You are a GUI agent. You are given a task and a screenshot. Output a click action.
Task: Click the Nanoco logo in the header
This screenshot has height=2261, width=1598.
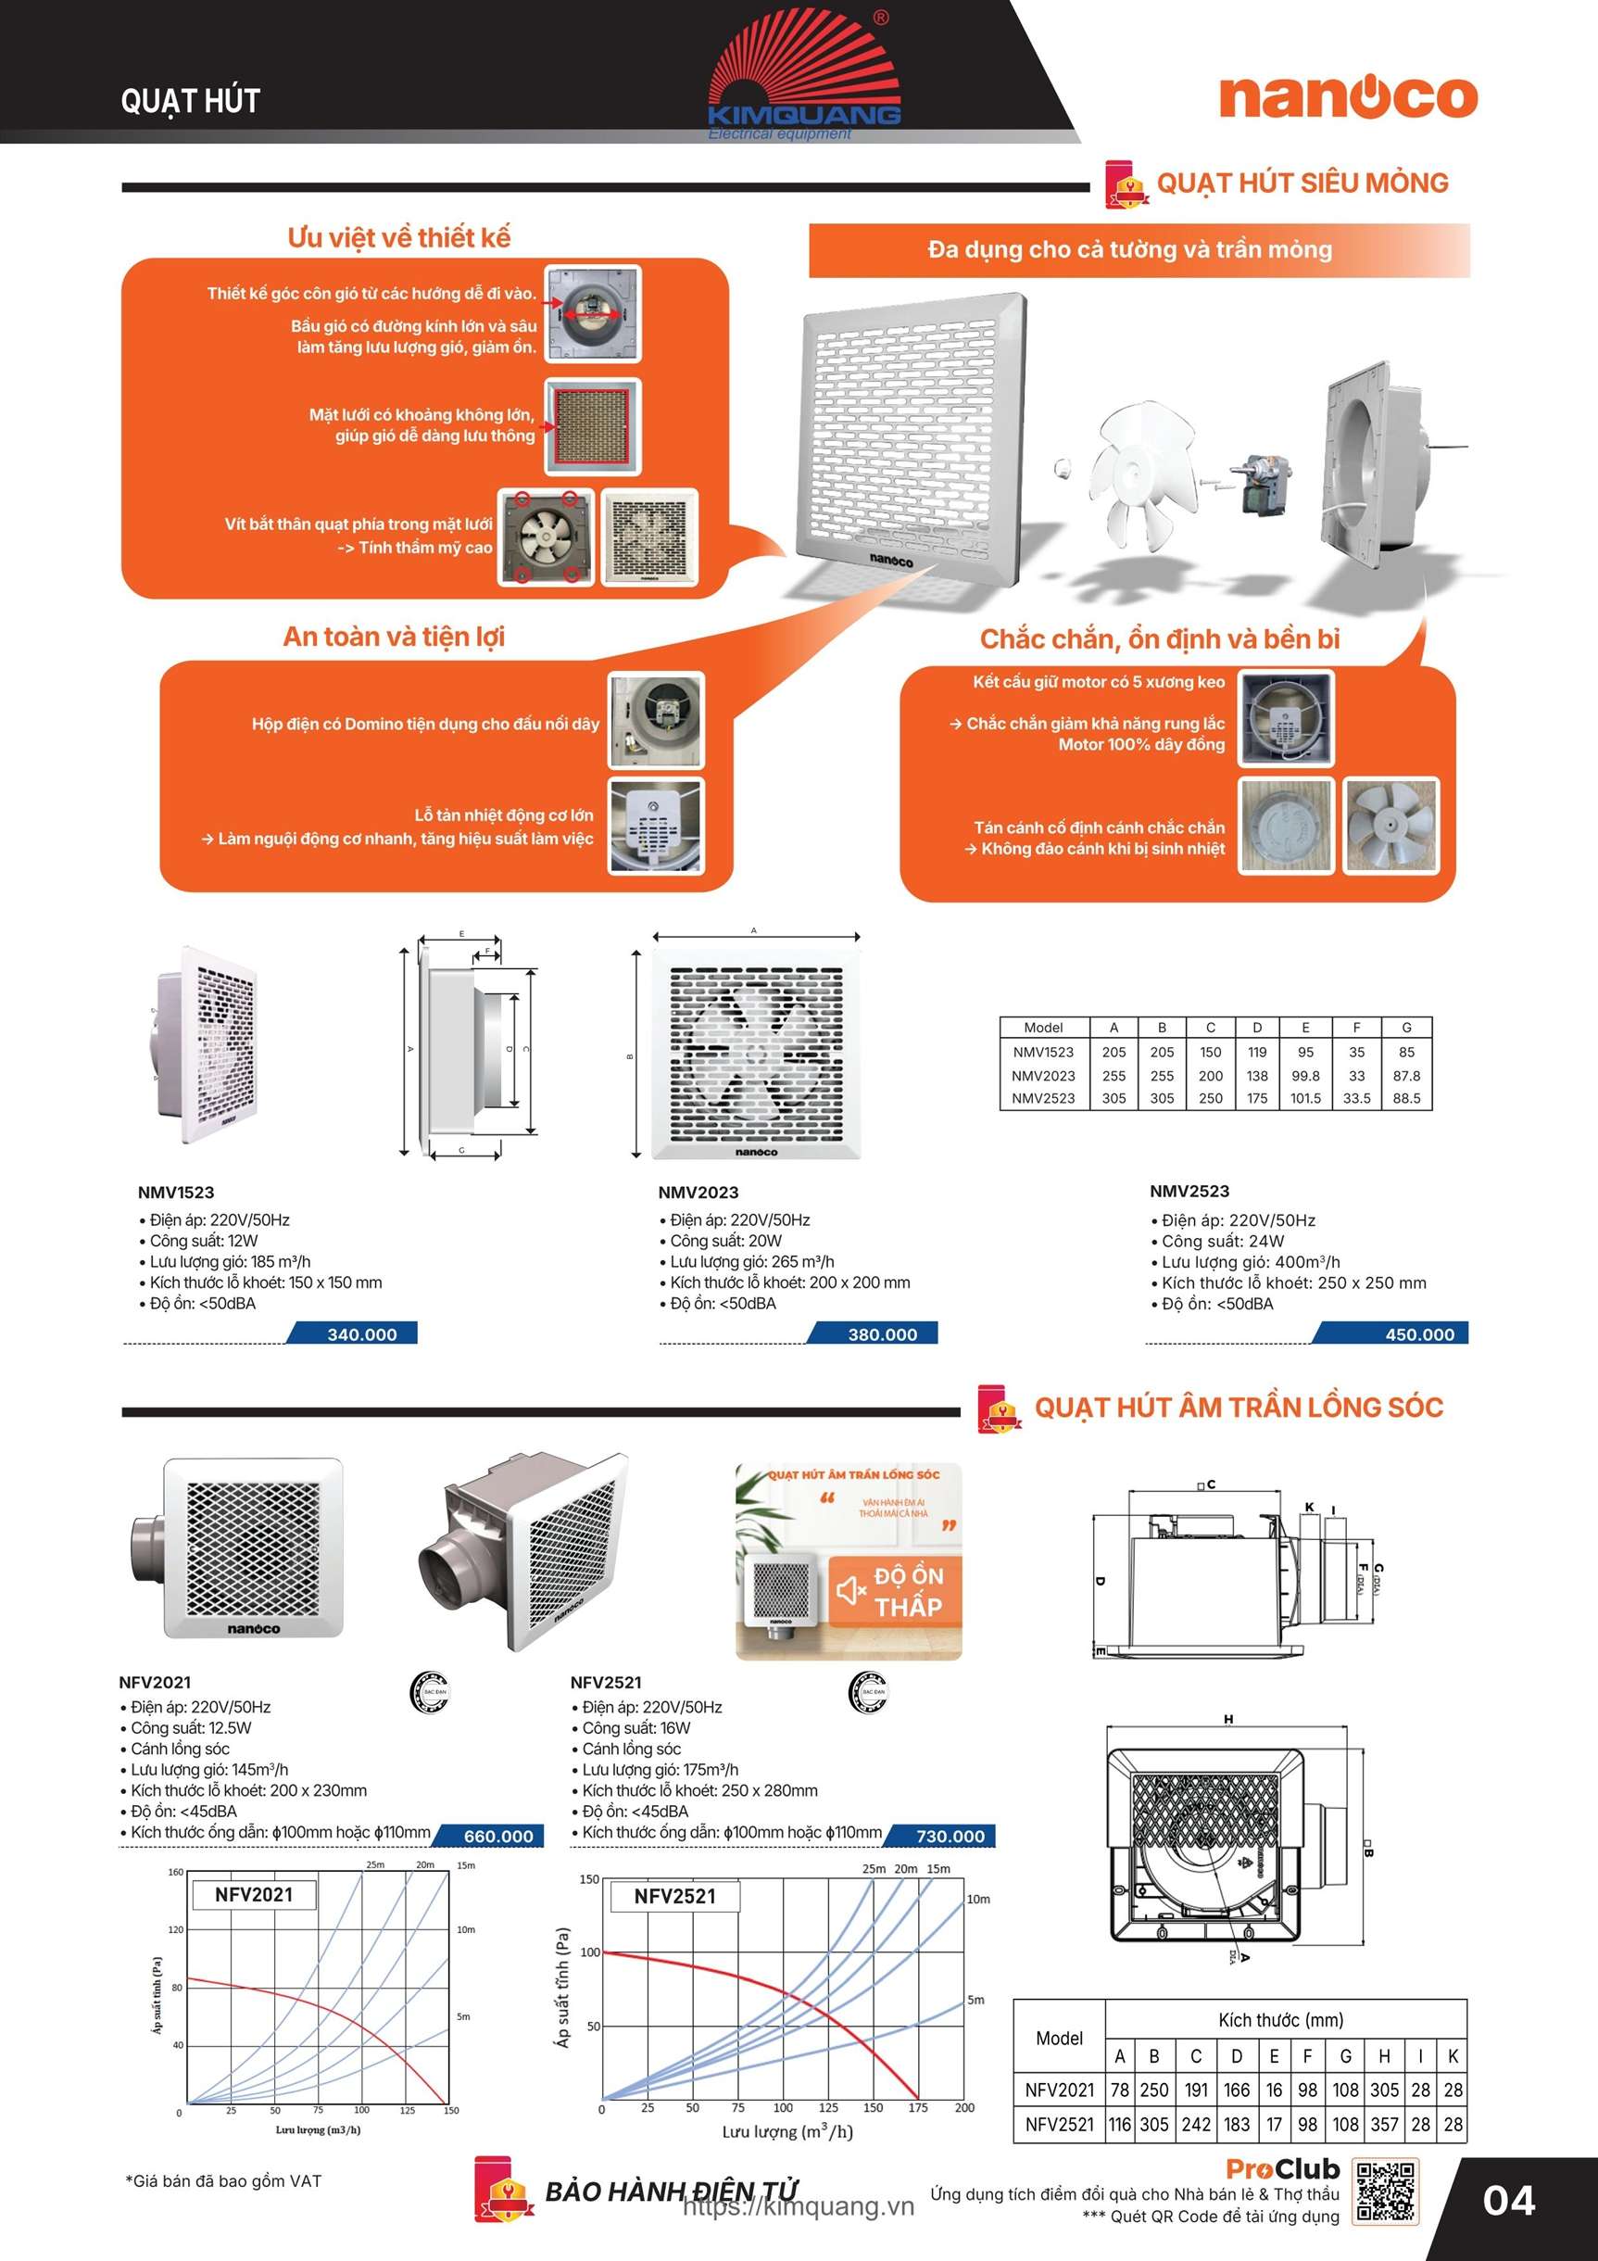coord(1348,96)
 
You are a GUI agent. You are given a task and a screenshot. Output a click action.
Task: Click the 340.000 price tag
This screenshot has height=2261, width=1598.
coord(361,1334)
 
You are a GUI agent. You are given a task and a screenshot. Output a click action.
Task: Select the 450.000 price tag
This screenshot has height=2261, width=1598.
coord(1419,1334)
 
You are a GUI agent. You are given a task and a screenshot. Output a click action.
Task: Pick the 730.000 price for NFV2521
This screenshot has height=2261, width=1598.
coord(950,1836)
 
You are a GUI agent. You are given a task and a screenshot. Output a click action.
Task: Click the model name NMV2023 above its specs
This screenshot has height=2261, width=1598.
coord(698,1192)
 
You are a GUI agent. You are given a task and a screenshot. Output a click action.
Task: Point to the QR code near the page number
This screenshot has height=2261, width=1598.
coord(1385,2192)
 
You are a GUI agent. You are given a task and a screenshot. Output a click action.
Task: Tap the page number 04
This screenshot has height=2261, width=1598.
coord(1508,2201)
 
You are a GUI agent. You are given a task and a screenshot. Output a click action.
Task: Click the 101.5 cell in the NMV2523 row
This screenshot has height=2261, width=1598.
coord(1305,1098)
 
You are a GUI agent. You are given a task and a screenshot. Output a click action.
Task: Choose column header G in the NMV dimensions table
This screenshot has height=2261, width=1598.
coord(1406,1027)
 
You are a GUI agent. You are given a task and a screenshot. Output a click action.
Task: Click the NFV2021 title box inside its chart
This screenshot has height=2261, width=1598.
coord(254,1894)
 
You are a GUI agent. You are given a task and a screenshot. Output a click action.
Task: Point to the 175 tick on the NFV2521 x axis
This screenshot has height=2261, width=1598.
coord(918,2107)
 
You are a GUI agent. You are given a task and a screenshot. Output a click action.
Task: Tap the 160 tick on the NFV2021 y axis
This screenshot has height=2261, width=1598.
coord(175,1872)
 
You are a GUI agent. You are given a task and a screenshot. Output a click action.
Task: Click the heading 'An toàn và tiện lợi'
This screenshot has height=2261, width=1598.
coord(394,637)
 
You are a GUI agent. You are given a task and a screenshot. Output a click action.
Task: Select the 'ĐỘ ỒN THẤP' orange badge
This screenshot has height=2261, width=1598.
coord(894,1591)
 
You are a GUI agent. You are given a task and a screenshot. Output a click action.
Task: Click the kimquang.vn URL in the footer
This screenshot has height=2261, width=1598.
coord(799,2207)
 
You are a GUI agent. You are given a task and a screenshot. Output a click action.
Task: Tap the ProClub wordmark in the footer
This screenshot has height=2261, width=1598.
coord(1283,2169)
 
